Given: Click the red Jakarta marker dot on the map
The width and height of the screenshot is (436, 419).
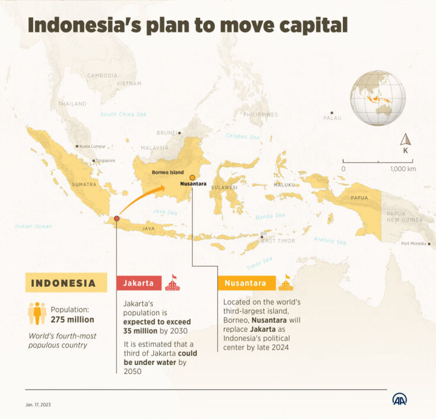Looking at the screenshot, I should [x=117, y=219].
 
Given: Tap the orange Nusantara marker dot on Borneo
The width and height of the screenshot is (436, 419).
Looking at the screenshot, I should [x=192, y=177].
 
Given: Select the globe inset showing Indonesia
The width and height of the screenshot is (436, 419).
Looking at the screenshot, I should [x=377, y=98].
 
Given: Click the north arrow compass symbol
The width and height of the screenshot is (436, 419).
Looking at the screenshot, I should [x=406, y=141].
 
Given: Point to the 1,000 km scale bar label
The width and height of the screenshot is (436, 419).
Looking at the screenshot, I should [x=403, y=169].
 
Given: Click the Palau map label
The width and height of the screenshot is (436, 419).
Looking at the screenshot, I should [x=333, y=118].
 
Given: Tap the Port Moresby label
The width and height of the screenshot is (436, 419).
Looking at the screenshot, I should [x=414, y=243].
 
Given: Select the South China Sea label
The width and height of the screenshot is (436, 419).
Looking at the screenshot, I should [x=123, y=115].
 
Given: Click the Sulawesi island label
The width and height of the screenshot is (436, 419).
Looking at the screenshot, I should [x=224, y=187].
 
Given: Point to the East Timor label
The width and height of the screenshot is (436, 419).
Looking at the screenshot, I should [x=278, y=240].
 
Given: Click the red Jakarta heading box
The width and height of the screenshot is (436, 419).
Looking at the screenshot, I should [x=138, y=283].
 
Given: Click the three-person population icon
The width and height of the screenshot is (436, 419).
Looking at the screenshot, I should [x=37, y=313].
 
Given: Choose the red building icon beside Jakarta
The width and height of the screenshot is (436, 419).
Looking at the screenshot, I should [x=172, y=282].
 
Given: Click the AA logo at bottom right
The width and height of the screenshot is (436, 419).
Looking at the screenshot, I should [x=399, y=399].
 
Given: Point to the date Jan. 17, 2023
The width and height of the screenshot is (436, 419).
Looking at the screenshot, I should [x=37, y=405].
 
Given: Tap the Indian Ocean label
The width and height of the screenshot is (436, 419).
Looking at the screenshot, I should [x=34, y=226].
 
